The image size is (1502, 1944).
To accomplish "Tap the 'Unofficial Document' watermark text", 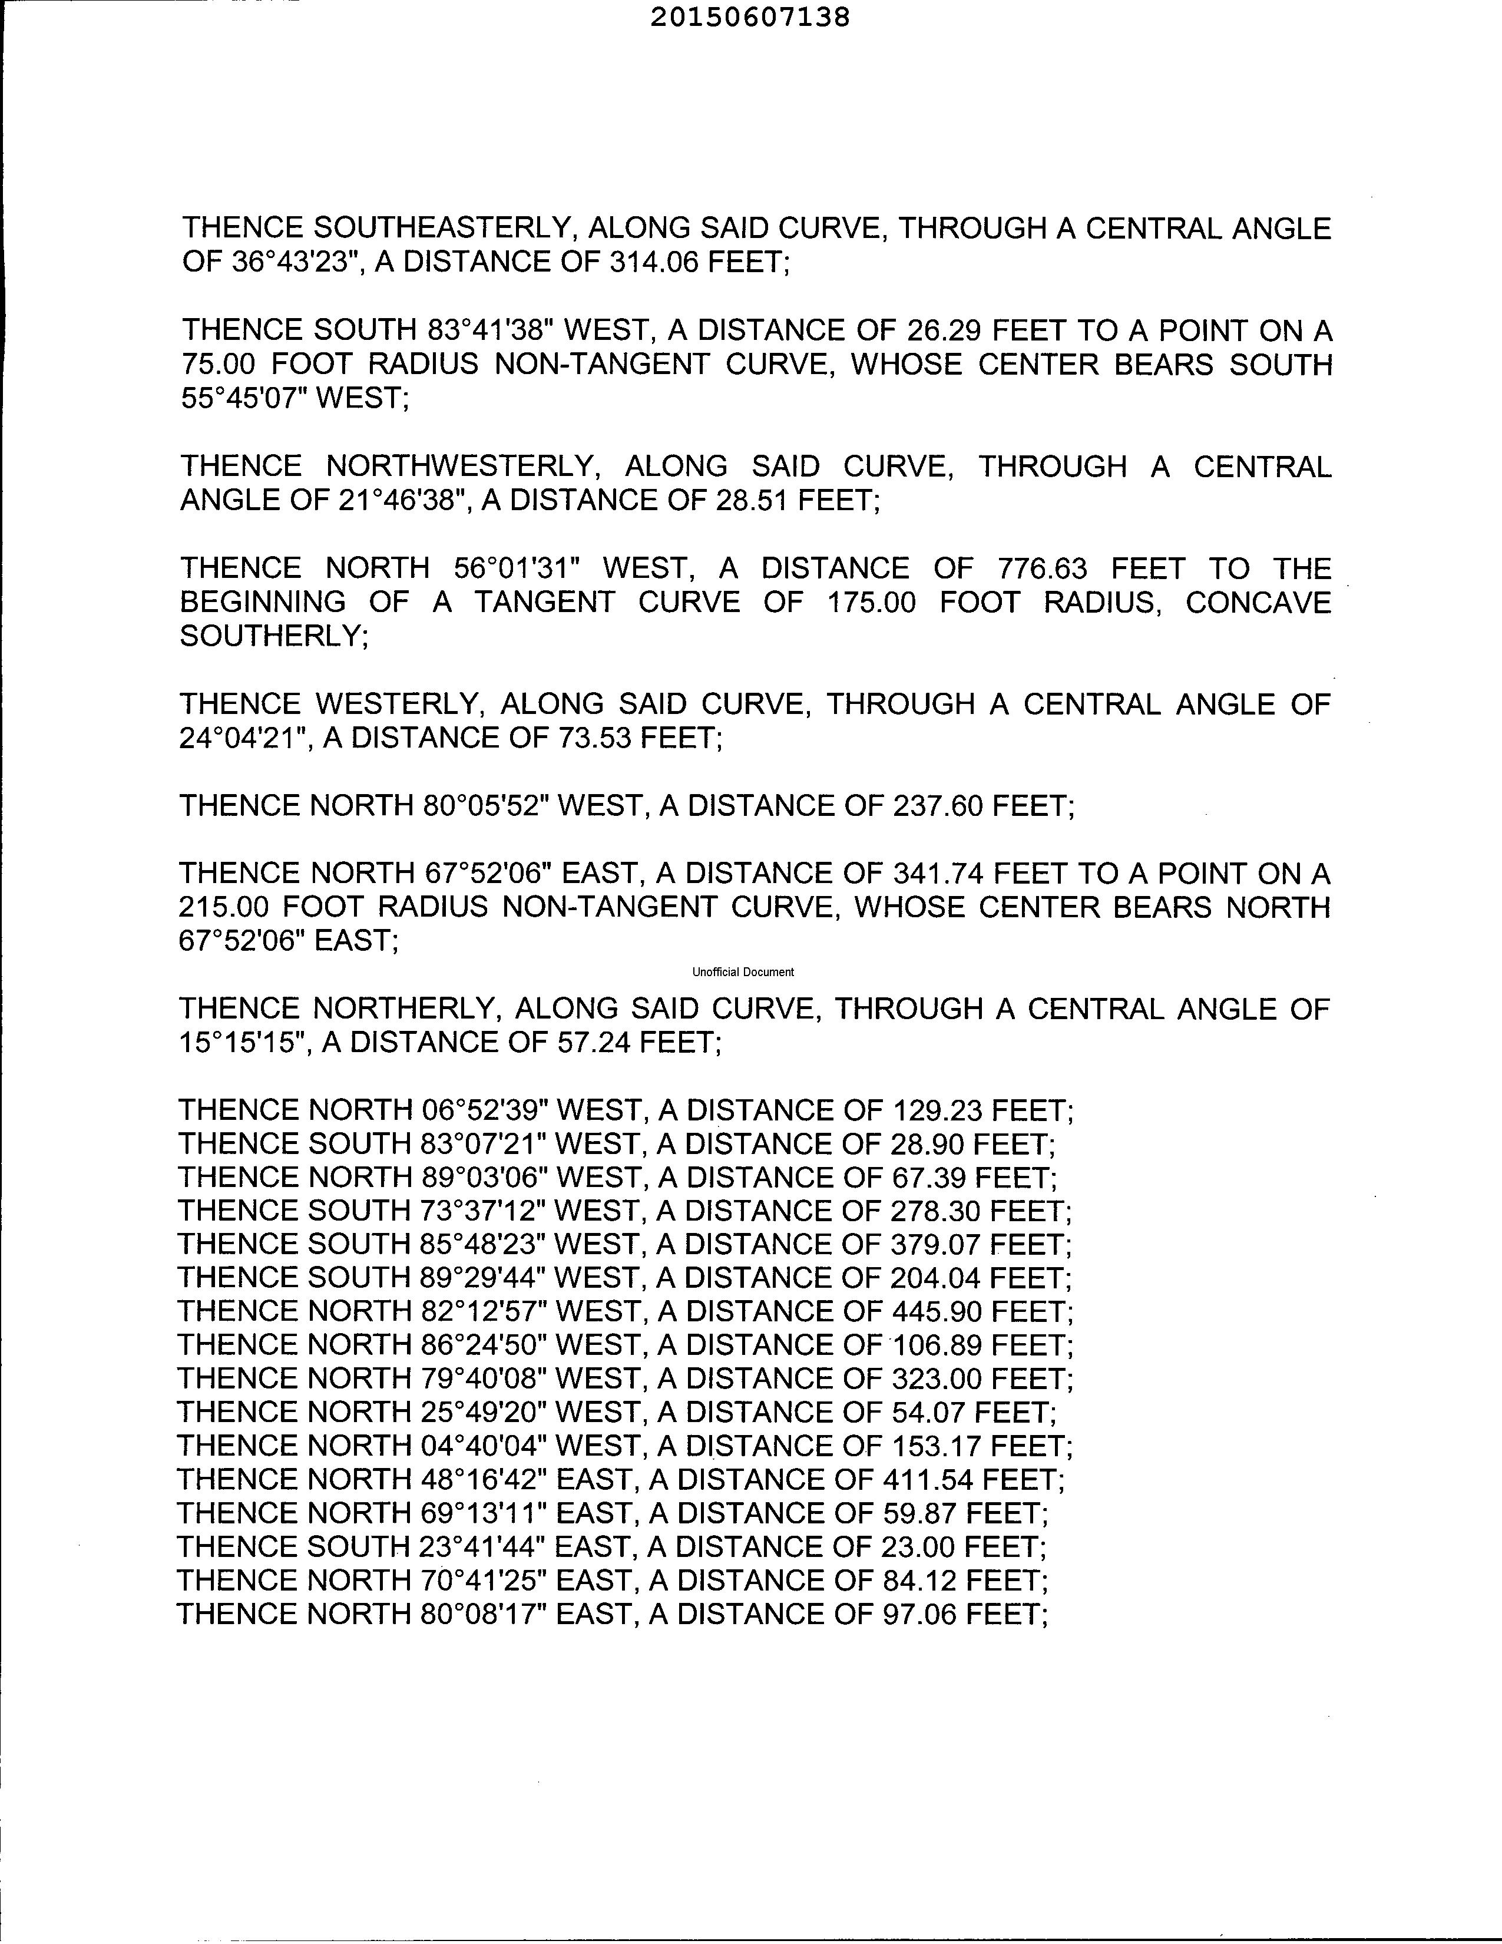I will tap(743, 972).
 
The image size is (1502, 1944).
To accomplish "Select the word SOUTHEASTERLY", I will tap(441, 229).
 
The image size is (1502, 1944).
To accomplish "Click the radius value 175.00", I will tap(871, 603).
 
